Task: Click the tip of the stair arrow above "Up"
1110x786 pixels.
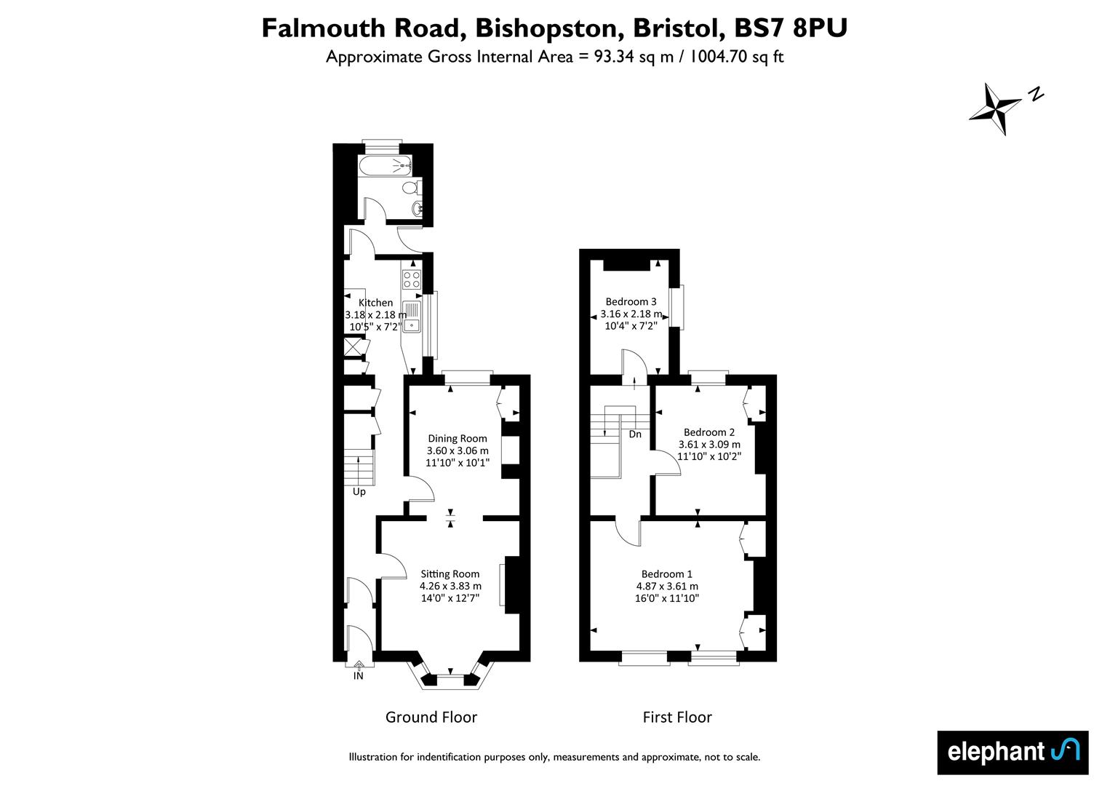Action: [359, 458]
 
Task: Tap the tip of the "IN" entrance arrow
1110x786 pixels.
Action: [359, 662]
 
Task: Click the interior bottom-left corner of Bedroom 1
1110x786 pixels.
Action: [591, 651]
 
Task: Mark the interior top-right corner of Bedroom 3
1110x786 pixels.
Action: [668, 260]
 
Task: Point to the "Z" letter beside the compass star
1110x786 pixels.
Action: [1036, 94]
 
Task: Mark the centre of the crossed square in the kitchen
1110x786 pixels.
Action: [353, 346]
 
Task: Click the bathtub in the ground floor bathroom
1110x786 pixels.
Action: [385, 165]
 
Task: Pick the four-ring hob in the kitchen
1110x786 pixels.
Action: [412, 279]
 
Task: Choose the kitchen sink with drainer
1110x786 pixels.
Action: [412, 317]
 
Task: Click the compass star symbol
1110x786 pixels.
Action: [994, 109]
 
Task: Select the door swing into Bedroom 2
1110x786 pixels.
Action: [667, 463]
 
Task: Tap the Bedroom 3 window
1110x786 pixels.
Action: [676, 306]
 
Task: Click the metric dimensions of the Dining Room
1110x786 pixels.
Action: [458, 450]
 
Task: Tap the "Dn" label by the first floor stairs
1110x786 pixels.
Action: [635, 434]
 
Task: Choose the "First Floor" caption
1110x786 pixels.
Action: [677, 718]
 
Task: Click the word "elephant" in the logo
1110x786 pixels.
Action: [996, 753]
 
